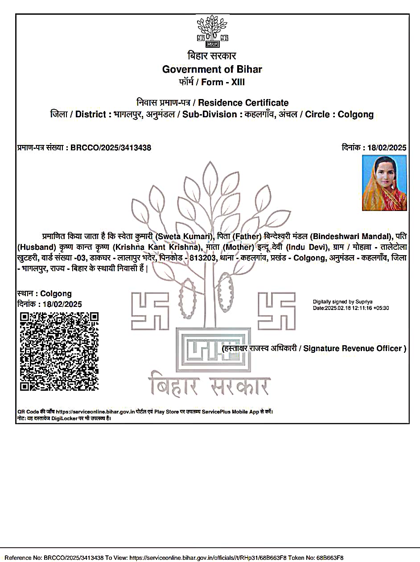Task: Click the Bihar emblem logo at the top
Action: click(x=212, y=32)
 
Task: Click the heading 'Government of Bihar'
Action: click(x=212, y=69)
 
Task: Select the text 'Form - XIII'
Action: click(x=223, y=82)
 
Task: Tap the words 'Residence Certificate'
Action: click(x=243, y=103)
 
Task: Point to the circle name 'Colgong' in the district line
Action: click(x=355, y=114)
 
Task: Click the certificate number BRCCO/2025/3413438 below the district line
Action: click(x=111, y=148)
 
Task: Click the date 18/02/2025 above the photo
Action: click(x=387, y=148)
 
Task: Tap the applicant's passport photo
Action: click(x=384, y=183)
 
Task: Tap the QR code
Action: click(x=59, y=351)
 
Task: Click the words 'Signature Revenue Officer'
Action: click(x=353, y=348)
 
